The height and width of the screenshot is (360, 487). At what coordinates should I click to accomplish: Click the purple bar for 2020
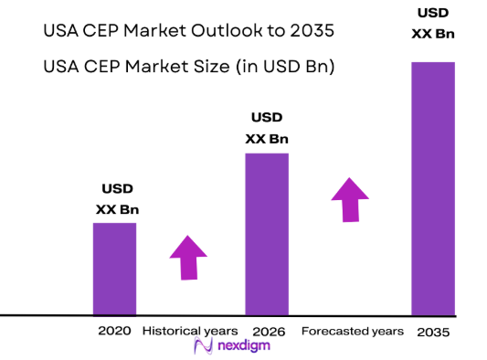coord(114,269)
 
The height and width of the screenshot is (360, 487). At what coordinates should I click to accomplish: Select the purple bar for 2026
coord(267,234)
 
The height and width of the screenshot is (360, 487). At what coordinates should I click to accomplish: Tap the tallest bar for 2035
coord(432,188)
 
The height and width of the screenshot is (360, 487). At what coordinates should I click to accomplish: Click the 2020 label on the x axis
coord(115,330)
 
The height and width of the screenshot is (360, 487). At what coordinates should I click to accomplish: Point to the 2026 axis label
coord(267,330)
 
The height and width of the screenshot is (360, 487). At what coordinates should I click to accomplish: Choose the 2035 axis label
coord(432,331)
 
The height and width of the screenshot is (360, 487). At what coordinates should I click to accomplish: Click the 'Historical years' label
coord(190,330)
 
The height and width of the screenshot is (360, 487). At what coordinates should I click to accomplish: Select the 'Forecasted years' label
coord(352,330)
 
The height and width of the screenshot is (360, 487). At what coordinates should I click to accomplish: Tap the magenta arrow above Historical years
coord(189,257)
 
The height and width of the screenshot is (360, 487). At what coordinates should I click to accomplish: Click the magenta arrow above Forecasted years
coord(349,199)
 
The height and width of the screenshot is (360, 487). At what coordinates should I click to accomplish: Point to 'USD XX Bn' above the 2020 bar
coord(117,199)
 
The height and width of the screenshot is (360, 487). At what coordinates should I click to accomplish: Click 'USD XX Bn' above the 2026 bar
coord(267,129)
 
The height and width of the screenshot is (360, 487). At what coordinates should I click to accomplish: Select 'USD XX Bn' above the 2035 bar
coord(432,25)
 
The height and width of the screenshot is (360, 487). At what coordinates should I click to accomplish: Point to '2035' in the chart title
coord(303,31)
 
